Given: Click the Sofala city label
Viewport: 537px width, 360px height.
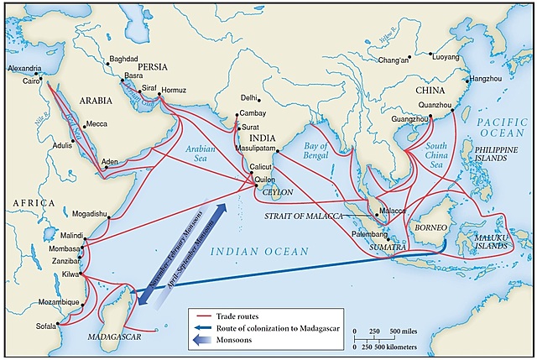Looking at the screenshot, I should click(46, 326).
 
